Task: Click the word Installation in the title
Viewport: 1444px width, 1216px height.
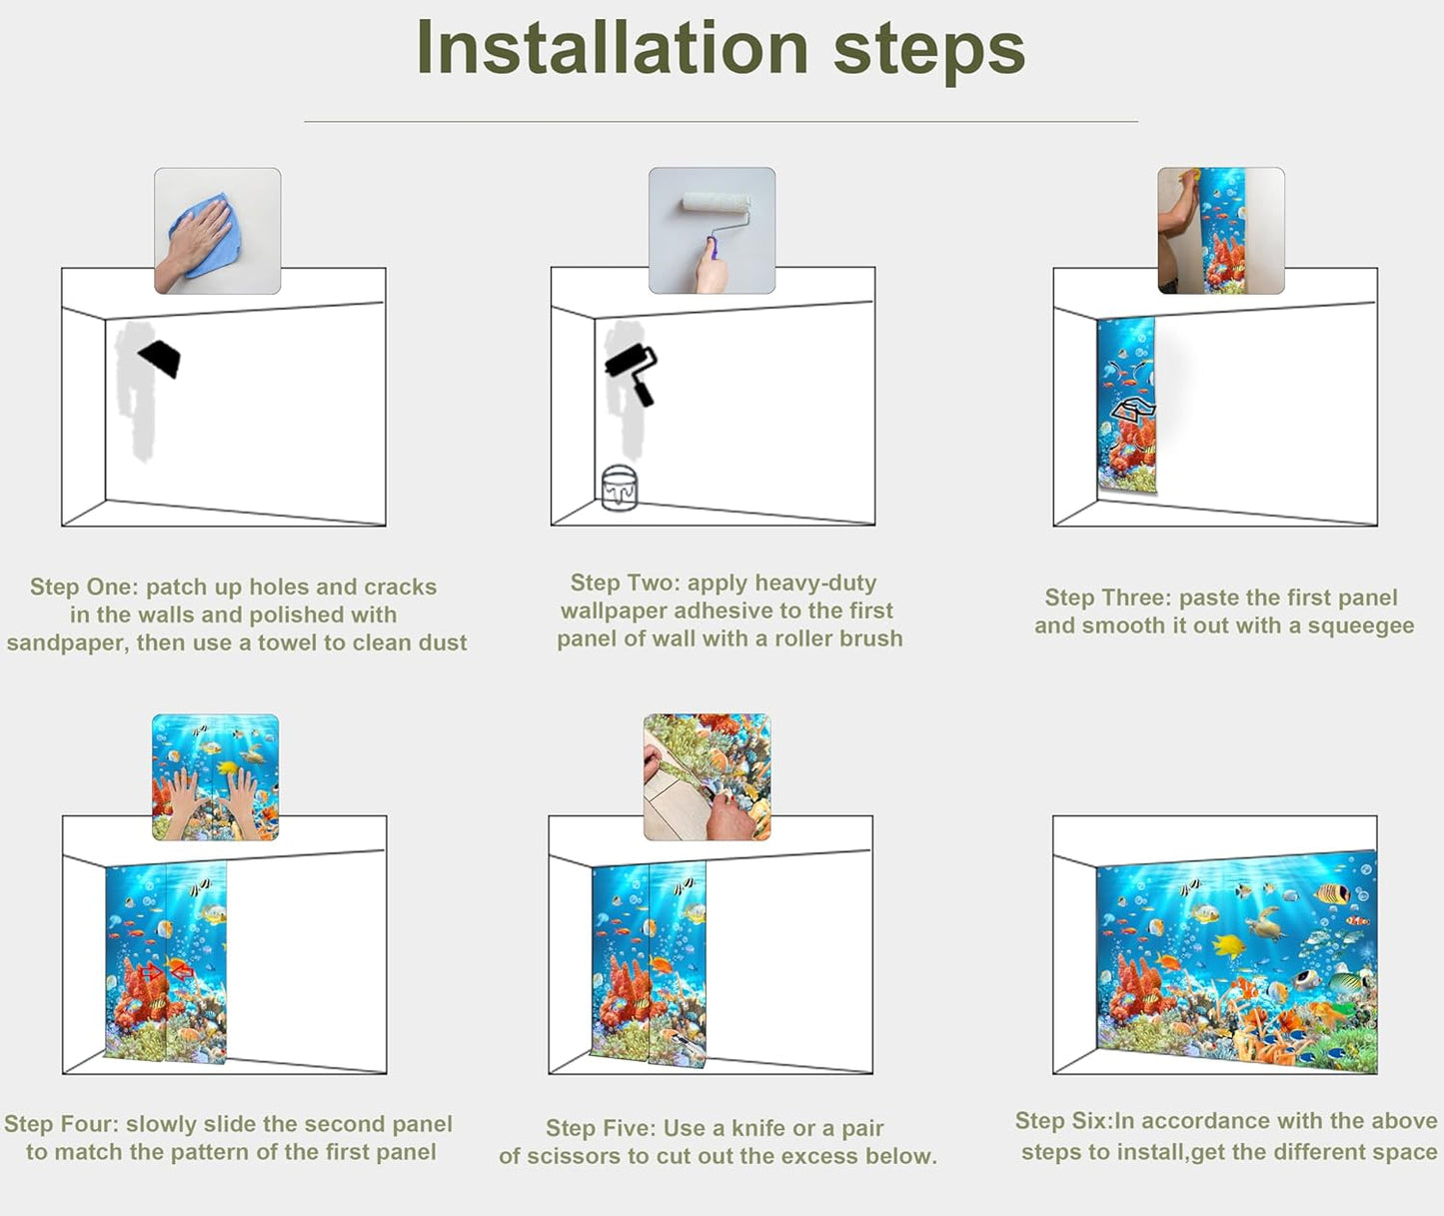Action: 612,48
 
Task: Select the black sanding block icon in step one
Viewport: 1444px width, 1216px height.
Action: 160,358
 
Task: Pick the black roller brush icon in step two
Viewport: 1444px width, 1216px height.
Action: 632,372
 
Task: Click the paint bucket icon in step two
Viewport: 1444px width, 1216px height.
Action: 619,488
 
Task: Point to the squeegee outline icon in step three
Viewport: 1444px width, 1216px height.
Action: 1133,411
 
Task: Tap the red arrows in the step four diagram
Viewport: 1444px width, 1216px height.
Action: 166,970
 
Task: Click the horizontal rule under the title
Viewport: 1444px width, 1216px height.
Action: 721,122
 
